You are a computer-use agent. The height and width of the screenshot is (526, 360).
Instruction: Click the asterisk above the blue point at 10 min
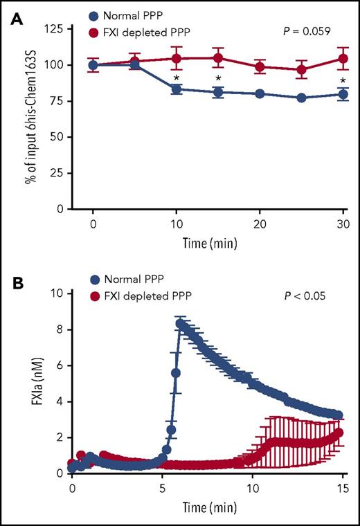click(177, 78)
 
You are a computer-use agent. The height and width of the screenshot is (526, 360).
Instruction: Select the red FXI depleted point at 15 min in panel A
click(219, 58)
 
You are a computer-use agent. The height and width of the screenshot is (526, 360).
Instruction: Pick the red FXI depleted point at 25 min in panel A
click(302, 70)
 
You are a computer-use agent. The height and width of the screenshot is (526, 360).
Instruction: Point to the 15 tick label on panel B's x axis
click(342, 489)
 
